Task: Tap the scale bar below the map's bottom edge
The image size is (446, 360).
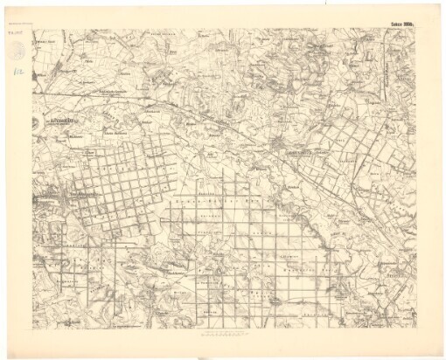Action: tap(222, 332)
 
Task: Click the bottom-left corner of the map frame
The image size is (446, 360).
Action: tap(31, 325)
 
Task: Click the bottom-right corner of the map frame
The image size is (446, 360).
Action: tap(416, 325)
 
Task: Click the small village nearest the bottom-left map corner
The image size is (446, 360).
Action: tap(52, 306)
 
